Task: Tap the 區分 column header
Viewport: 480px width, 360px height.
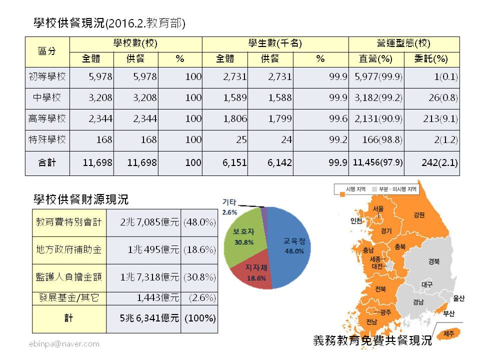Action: click(x=47, y=51)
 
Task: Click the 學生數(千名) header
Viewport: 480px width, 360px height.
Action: click(x=275, y=43)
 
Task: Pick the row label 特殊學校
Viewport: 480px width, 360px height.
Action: click(x=47, y=140)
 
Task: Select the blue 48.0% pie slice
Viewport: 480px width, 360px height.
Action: click(x=290, y=240)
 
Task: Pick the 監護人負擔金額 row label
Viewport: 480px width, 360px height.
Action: click(x=69, y=276)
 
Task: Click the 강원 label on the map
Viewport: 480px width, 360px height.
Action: click(x=419, y=215)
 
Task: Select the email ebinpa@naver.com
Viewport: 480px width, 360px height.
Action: click(x=63, y=344)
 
